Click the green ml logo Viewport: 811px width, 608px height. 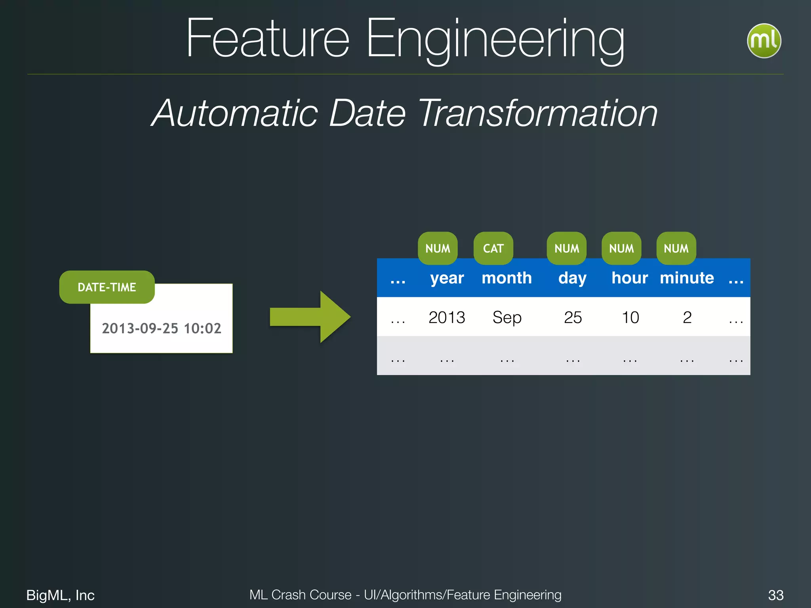(764, 41)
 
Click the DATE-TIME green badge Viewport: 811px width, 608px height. (107, 287)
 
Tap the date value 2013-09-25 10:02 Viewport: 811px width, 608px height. (162, 328)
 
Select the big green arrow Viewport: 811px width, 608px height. (310, 317)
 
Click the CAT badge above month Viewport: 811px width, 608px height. (493, 248)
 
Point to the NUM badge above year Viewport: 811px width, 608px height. (438, 248)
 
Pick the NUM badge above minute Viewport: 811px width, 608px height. (676, 248)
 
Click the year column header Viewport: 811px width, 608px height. (447, 278)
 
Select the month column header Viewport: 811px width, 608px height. (506, 278)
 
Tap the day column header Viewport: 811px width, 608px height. (573, 278)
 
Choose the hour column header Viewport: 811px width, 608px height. (630, 278)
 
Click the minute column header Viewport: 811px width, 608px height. (687, 278)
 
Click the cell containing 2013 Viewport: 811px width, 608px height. (447, 317)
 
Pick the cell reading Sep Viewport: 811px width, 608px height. (507, 317)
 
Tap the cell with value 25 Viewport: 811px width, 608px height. (573, 317)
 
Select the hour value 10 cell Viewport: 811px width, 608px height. (630, 317)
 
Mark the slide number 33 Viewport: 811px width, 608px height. (776, 595)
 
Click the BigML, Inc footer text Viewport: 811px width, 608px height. (60, 595)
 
